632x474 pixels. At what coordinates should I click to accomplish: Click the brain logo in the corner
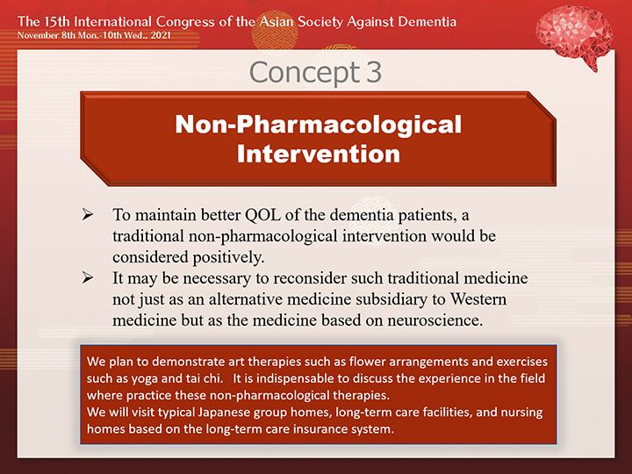574,37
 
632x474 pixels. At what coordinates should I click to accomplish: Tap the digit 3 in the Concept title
374,72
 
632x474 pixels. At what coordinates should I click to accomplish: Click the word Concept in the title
305,73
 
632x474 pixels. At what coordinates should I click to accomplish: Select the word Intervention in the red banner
319,154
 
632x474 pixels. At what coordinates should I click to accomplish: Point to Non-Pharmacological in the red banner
319,124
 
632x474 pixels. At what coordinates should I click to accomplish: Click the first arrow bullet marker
87,214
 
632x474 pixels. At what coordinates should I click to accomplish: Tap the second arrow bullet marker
87,277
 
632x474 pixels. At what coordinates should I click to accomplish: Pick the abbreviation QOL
262,215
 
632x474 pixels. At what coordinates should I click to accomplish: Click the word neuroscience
434,320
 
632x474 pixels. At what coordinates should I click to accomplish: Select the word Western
478,299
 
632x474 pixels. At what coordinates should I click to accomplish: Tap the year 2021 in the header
161,35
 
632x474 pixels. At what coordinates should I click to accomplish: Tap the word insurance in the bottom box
320,429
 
